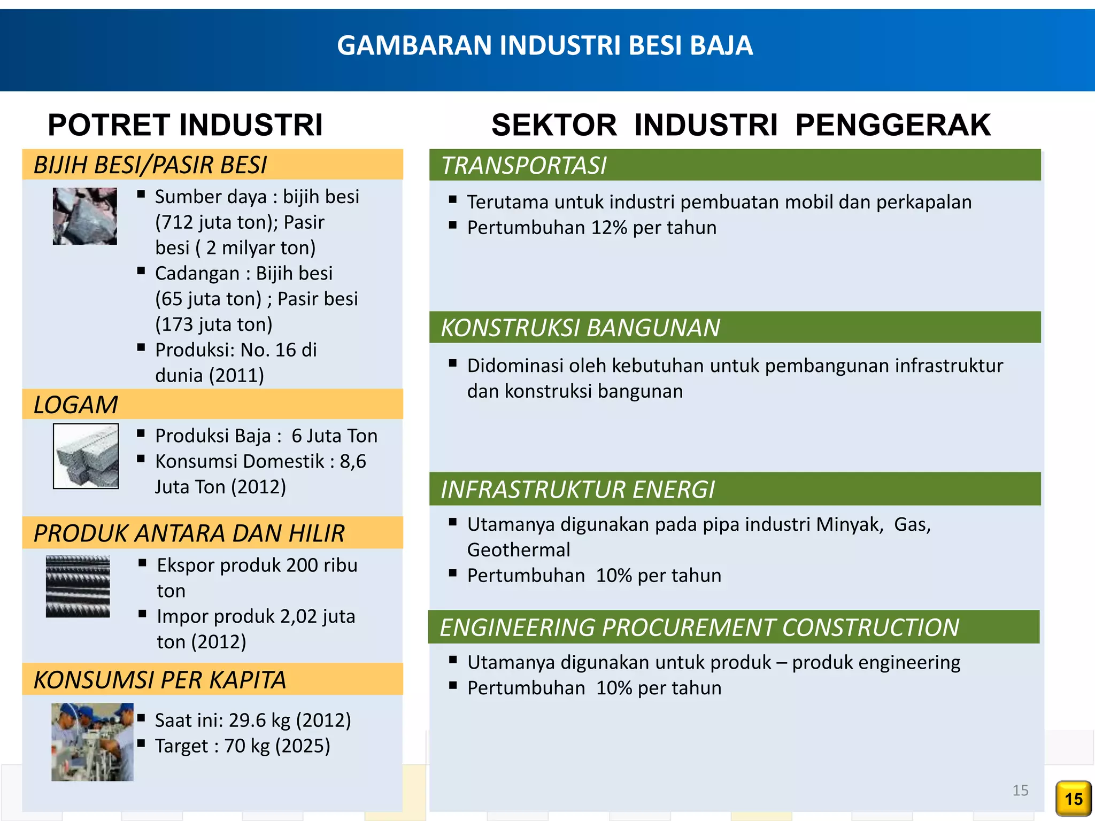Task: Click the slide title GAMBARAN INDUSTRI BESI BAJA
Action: pyautogui.click(x=545, y=45)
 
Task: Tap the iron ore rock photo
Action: pyautogui.click(x=84, y=216)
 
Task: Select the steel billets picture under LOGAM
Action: pyautogui.click(x=86, y=456)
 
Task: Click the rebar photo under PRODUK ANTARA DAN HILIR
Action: pyautogui.click(x=78, y=586)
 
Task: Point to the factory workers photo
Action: pyautogui.click(x=92, y=742)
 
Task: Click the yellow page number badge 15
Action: pyautogui.click(x=1073, y=799)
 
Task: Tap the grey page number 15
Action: pyautogui.click(x=1020, y=790)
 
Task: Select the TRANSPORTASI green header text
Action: pyautogui.click(x=524, y=166)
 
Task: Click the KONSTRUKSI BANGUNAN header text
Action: pyautogui.click(x=580, y=328)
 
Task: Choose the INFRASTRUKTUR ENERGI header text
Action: pyautogui.click(x=577, y=490)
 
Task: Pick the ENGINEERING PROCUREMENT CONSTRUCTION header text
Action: pyautogui.click(x=699, y=628)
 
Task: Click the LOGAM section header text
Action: pyautogui.click(x=76, y=405)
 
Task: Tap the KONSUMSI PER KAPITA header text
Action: pyautogui.click(x=160, y=680)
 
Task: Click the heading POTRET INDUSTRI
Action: pyautogui.click(x=185, y=125)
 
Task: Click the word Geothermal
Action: pyautogui.click(x=519, y=550)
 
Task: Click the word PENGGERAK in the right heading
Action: pyautogui.click(x=893, y=125)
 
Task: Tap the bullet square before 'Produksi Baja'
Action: pyautogui.click(x=141, y=433)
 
